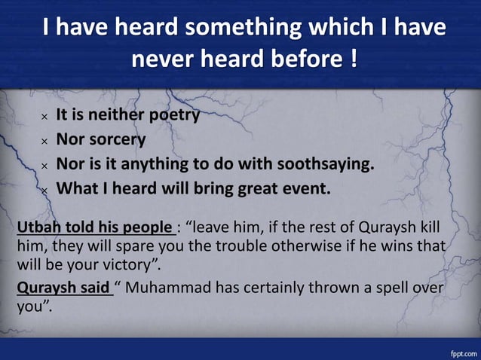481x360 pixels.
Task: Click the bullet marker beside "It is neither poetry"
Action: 44,117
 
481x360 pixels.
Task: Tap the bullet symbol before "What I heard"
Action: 44,190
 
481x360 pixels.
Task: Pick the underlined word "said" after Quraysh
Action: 95,288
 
